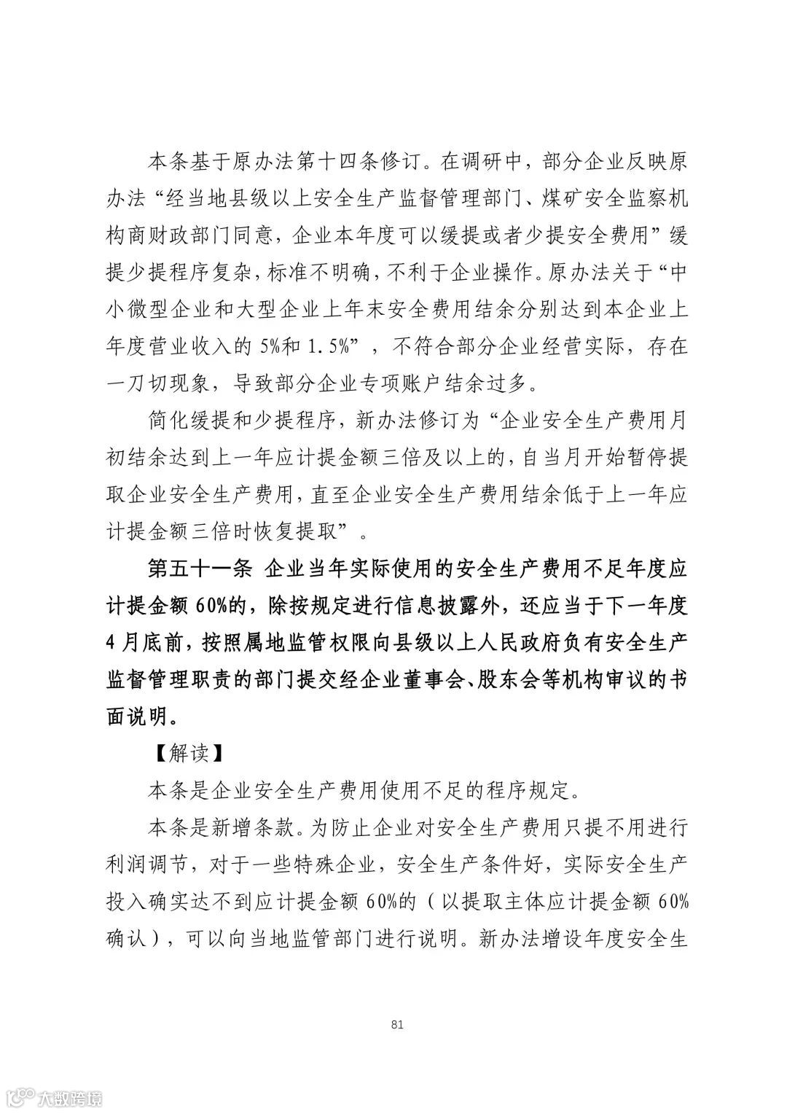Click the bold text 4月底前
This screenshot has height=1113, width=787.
pos(145,644)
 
